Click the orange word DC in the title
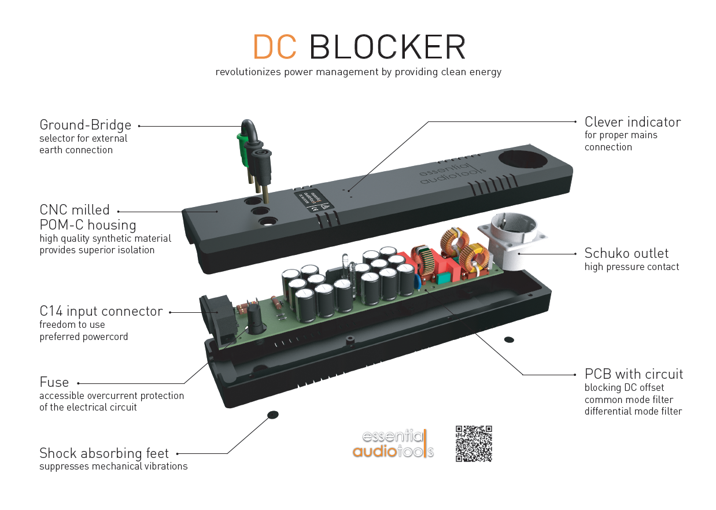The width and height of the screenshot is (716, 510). [x=275, y=47]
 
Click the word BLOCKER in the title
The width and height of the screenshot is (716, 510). [x=387, y=47]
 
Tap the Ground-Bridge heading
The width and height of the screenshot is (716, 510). [x=85, y=125]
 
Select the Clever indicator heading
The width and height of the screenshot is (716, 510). [x=632, y=122]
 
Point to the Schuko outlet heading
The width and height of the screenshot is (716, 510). [x=626, y=253]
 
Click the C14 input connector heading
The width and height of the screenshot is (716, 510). [x=101, y=312]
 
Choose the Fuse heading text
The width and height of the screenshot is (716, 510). [x=54, y=382]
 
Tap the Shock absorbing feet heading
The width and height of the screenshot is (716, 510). [x=104, y=453]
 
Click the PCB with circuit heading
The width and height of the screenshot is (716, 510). [x=633, y=374]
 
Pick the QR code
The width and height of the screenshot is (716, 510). [x=474, y=444]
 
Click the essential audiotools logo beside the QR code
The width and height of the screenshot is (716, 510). [x=393, y=444]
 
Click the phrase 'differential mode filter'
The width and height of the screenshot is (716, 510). [x=633, y=412]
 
